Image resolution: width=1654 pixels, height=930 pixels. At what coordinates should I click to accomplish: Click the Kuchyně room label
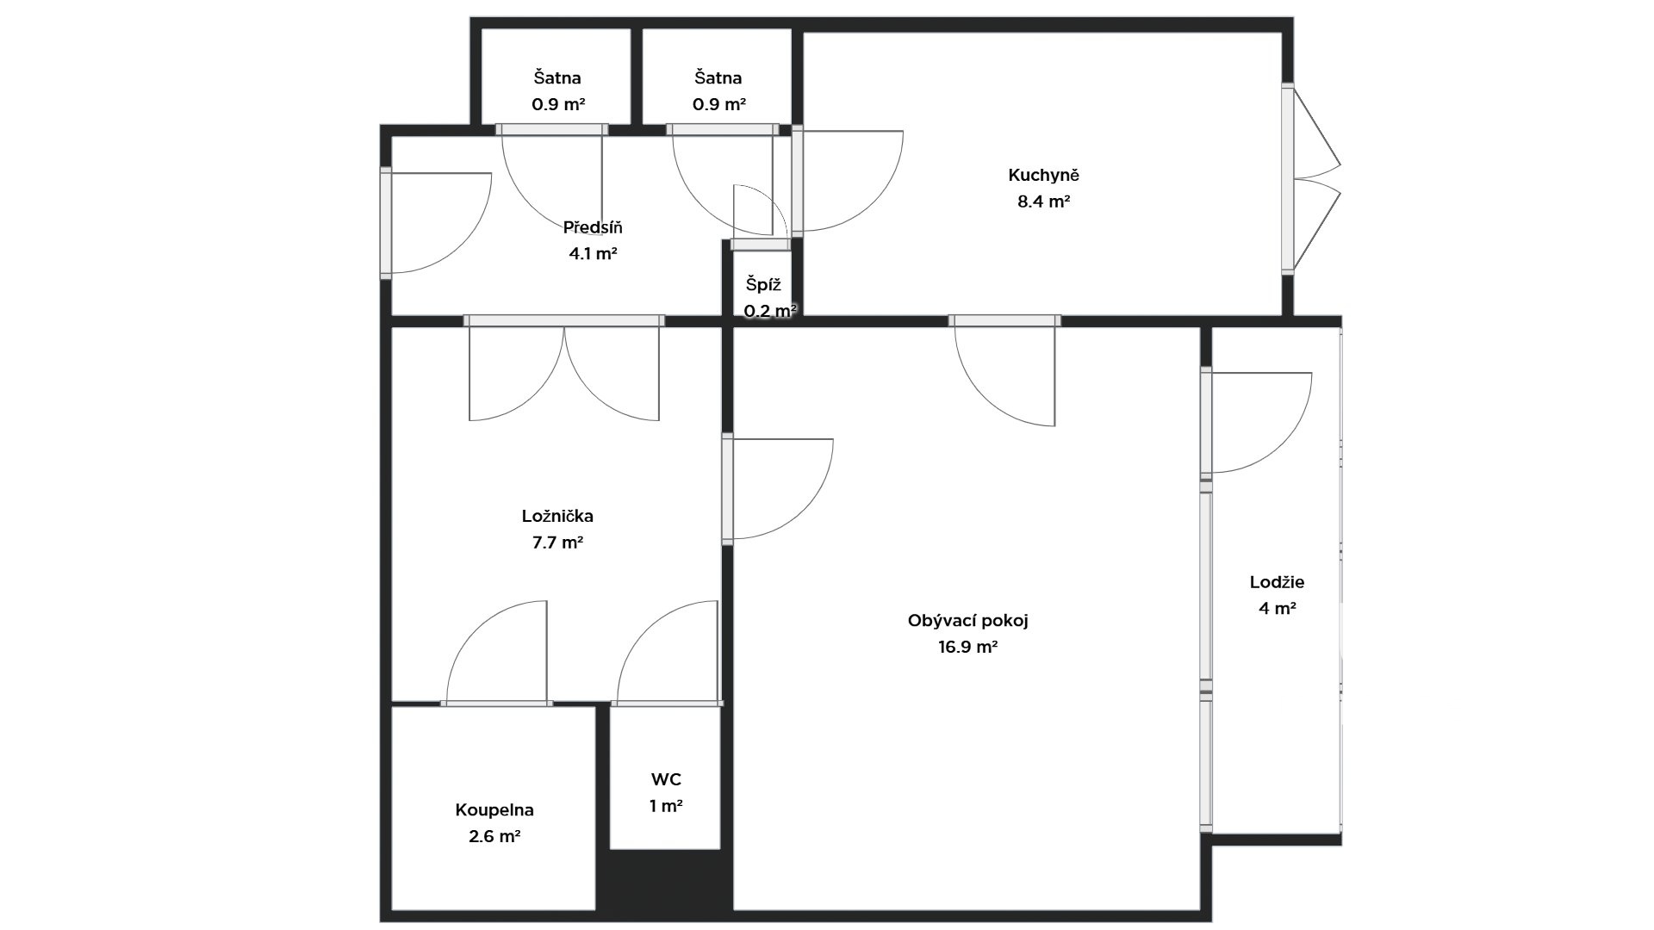pos(1043,176)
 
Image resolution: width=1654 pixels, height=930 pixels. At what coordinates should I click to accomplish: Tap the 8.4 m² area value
pos(1043,202)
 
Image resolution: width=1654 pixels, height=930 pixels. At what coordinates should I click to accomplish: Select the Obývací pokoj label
pos(968,621)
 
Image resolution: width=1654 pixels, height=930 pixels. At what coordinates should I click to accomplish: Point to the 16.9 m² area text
pos(968,647)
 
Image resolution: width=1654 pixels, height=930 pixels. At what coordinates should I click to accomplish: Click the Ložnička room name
pos(557,517)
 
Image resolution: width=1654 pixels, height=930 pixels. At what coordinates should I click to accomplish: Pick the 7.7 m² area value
pos(557,542)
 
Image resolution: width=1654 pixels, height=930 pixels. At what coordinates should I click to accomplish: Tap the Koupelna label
pos(494,810)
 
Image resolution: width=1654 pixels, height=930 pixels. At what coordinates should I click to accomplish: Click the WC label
pos(666,780)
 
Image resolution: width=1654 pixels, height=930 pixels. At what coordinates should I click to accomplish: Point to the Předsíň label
pos(593,228)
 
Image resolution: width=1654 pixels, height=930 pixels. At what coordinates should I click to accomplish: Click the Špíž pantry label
pos(763,284)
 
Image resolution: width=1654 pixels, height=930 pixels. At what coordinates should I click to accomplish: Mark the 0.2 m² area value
pos(770,311)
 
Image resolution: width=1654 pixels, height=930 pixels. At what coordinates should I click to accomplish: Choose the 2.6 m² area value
pos(494,836)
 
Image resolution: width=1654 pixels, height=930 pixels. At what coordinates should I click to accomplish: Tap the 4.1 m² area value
pos(593,254)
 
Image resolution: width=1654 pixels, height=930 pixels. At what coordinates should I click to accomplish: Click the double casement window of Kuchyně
pos(1313,179)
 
